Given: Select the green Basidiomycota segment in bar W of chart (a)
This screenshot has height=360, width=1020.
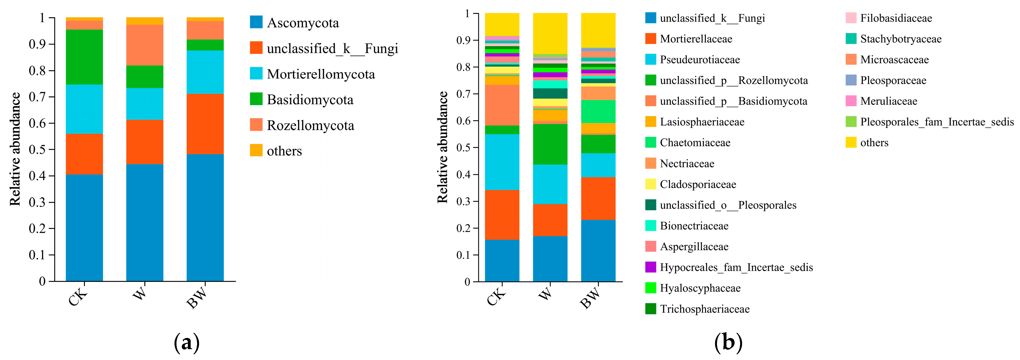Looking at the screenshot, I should coord(144,76).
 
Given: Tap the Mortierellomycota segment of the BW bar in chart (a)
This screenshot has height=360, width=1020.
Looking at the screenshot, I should coord(205,72).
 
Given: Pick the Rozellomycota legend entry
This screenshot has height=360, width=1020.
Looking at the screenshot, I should coord(310,125).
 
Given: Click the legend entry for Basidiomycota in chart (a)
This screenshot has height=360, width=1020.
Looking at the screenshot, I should coord(310,100).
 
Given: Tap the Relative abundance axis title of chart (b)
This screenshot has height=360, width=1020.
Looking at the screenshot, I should coord(442,147).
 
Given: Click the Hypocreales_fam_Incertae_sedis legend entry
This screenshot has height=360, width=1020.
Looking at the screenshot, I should coord(736,267).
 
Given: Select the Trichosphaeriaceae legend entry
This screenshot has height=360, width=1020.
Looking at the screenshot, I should coord(704,309).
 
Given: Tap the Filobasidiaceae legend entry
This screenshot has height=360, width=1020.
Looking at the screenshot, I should coord(896,18).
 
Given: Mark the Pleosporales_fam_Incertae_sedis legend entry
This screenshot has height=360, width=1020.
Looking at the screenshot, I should coord(936,122).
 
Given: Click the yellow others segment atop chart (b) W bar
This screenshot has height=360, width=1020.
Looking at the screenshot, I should coord(550,33).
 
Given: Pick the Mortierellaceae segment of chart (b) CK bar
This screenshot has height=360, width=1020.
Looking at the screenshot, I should coord(502,215).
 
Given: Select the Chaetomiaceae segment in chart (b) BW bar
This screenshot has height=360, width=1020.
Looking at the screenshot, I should coord(598,112).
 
